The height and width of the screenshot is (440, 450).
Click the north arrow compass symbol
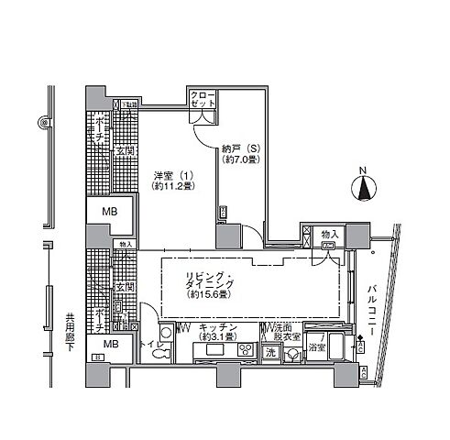pos(365,188)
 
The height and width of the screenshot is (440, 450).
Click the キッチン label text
pos(218,327)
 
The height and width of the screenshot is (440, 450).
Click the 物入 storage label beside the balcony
pos(330,236)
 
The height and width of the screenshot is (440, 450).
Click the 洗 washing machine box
pos(269,352)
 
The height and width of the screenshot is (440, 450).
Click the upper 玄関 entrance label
pos(124,152)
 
